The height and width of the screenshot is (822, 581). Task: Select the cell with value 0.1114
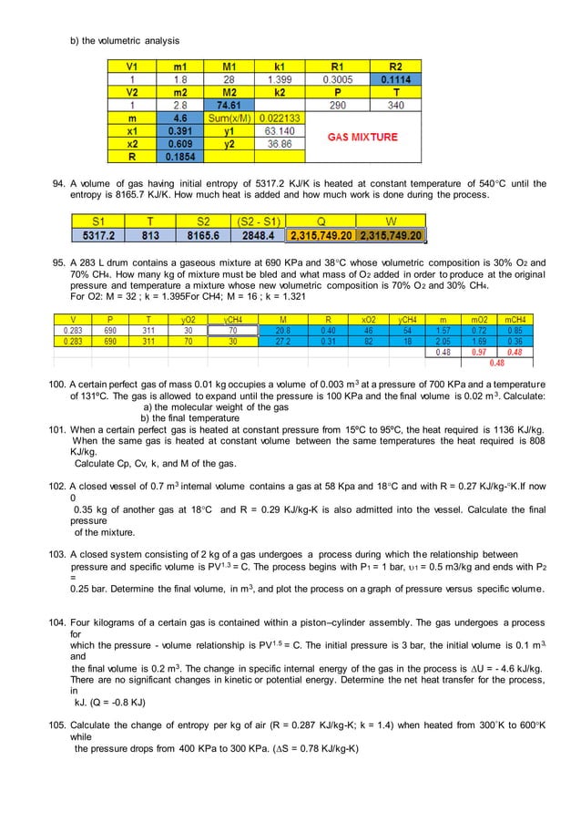pos(394,79)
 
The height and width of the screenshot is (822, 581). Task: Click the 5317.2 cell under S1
pos(99,235)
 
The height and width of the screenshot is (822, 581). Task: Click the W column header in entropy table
pos(389,221)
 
